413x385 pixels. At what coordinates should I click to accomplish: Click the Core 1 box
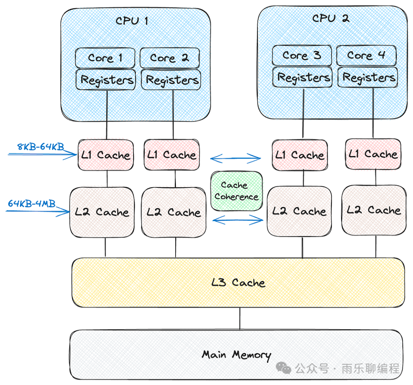[105, 58]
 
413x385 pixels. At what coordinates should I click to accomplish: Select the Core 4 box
[366, 55]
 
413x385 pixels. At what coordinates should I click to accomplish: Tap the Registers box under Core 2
[172, 80]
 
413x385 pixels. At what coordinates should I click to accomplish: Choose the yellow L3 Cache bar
[238, 283]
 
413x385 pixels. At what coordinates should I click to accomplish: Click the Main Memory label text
[236, 355]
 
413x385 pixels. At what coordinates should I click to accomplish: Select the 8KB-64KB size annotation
[41, 147]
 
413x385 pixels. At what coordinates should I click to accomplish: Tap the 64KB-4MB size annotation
[32, 204]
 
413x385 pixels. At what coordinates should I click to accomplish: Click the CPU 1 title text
[132, 21]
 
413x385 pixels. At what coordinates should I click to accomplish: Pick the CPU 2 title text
[330, 18]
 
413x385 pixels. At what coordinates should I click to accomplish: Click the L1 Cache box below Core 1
[106, 155]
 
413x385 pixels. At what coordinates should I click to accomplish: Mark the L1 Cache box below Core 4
[373, 154]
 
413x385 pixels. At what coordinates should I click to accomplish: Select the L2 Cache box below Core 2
[174, 212]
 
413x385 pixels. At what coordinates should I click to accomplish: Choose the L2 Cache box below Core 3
[299, 211]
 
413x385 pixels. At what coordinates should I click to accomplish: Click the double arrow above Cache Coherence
[236, 157]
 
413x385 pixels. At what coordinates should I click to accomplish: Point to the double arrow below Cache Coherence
[237, 219]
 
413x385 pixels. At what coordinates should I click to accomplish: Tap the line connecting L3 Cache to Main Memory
[240, 318]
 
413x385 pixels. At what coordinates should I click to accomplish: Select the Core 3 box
[302, 55]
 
